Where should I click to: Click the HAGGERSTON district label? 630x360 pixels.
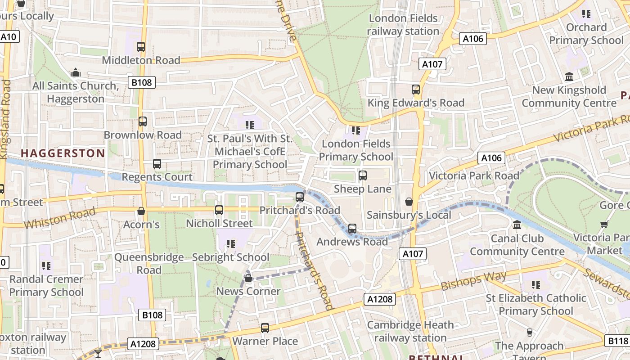click(63, 153)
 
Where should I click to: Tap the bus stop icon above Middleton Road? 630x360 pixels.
click(141, 46)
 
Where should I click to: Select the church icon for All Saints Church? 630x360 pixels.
click(76, 72)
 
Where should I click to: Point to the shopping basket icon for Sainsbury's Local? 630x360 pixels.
click(409, 202)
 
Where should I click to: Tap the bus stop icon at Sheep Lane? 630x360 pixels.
click(362, 175)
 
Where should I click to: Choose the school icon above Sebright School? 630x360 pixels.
click(231, 244)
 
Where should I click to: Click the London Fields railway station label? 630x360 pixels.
click(403, 25)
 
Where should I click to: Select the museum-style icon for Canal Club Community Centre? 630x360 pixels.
click(517, 225)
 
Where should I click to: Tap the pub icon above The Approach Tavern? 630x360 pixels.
click(529, 333)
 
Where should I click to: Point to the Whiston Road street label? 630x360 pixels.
click(59, 218)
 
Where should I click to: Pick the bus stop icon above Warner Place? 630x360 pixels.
click(265, 328)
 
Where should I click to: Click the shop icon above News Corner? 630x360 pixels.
click(248, 278)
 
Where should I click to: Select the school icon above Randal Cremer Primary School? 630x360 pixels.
click(46, 266)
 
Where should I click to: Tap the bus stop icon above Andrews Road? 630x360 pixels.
click(352, 229)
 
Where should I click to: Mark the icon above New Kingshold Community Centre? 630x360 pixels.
click(569, 77)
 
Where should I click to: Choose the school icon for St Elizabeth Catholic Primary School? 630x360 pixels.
click(535, 285)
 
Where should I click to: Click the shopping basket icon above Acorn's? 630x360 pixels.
click(141, 211)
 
